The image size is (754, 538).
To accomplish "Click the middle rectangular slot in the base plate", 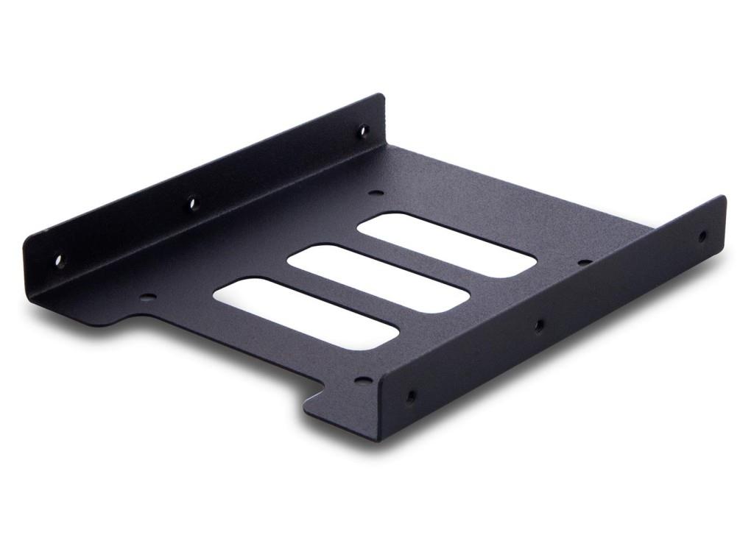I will coord(378,278).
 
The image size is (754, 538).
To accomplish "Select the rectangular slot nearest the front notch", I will coord(306,312).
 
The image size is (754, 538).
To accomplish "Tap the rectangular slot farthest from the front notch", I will coord(446,245).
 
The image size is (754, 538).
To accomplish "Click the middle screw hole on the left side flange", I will coord(193,202).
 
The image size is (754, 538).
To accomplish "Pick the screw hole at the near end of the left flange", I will coord(60,261).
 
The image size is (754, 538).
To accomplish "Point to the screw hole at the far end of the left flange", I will coord(362,132).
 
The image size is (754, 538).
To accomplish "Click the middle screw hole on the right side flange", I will coord(539,324).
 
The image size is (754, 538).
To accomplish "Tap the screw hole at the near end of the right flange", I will coord(410,397).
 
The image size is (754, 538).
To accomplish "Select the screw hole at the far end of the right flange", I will coord(702,236).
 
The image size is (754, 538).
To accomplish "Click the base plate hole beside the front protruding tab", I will coord(363,381).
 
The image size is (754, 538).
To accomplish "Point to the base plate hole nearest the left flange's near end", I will coord(148,298).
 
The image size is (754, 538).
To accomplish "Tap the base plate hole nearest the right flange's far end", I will coord(585,262).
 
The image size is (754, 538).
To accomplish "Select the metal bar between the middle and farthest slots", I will coord(412,262).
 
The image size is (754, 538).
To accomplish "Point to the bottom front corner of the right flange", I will coord(380,439).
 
